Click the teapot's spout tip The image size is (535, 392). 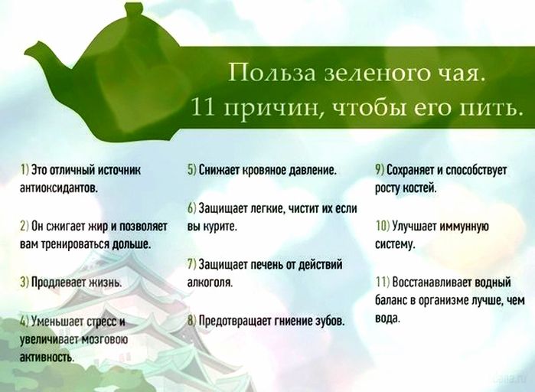pos(26,51)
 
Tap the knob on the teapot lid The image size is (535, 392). pos(132,8)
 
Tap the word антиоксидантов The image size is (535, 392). pos(60,188)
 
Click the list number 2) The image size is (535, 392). pos(24,226)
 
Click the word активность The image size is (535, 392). pos(47,357)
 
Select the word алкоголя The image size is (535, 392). pos(210,283)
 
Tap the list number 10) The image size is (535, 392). pos(383,226)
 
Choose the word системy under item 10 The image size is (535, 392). pos(395,244)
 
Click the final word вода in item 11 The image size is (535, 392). pos(387,318)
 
